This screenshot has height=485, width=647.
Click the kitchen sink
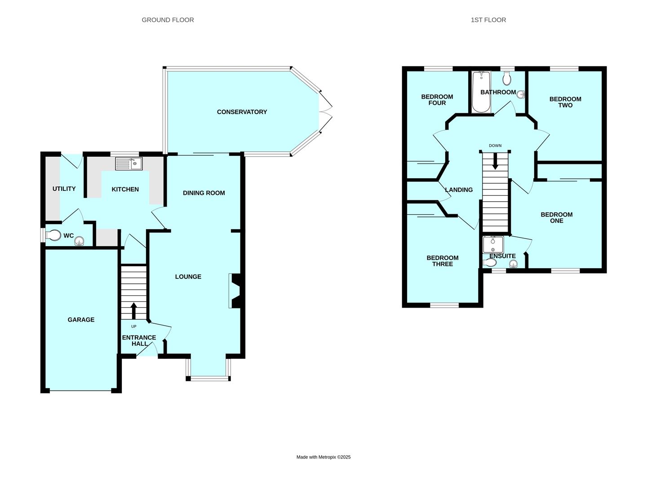129,164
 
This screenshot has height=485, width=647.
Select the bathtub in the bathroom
481,92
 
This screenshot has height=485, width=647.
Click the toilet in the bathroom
507,78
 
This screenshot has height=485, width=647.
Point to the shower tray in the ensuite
493,244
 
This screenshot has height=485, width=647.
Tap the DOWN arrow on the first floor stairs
495,161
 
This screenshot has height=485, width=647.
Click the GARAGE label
81,319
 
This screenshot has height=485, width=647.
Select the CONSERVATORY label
242,112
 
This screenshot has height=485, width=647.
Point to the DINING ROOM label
204,193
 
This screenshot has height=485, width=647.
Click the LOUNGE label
188,277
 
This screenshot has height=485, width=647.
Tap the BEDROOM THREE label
443,261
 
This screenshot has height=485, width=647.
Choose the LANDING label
459,190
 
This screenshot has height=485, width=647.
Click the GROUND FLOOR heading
168,20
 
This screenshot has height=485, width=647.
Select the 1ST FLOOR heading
488,20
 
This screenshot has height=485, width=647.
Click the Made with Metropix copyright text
323,457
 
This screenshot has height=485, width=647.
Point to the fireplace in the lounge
236,291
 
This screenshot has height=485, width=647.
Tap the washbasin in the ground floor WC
79,242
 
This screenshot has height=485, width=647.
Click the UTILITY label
64,189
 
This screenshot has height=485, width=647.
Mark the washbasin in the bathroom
521,94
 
